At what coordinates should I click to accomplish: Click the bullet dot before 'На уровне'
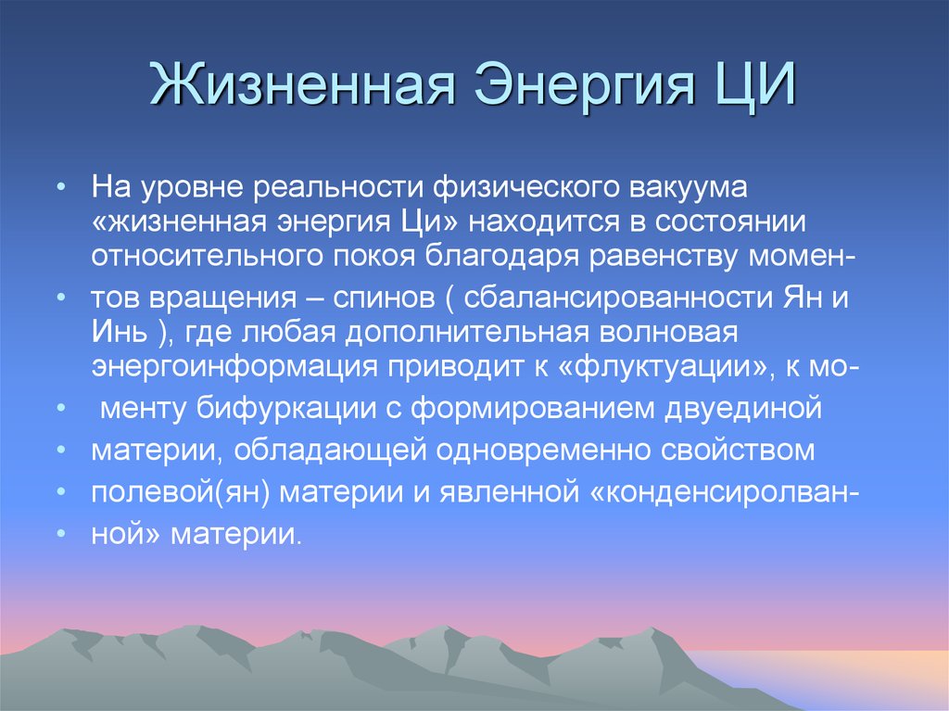click(60, 188)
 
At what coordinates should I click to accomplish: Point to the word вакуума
click(708, 189)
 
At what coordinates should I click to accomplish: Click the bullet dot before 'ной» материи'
click(60, 535)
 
